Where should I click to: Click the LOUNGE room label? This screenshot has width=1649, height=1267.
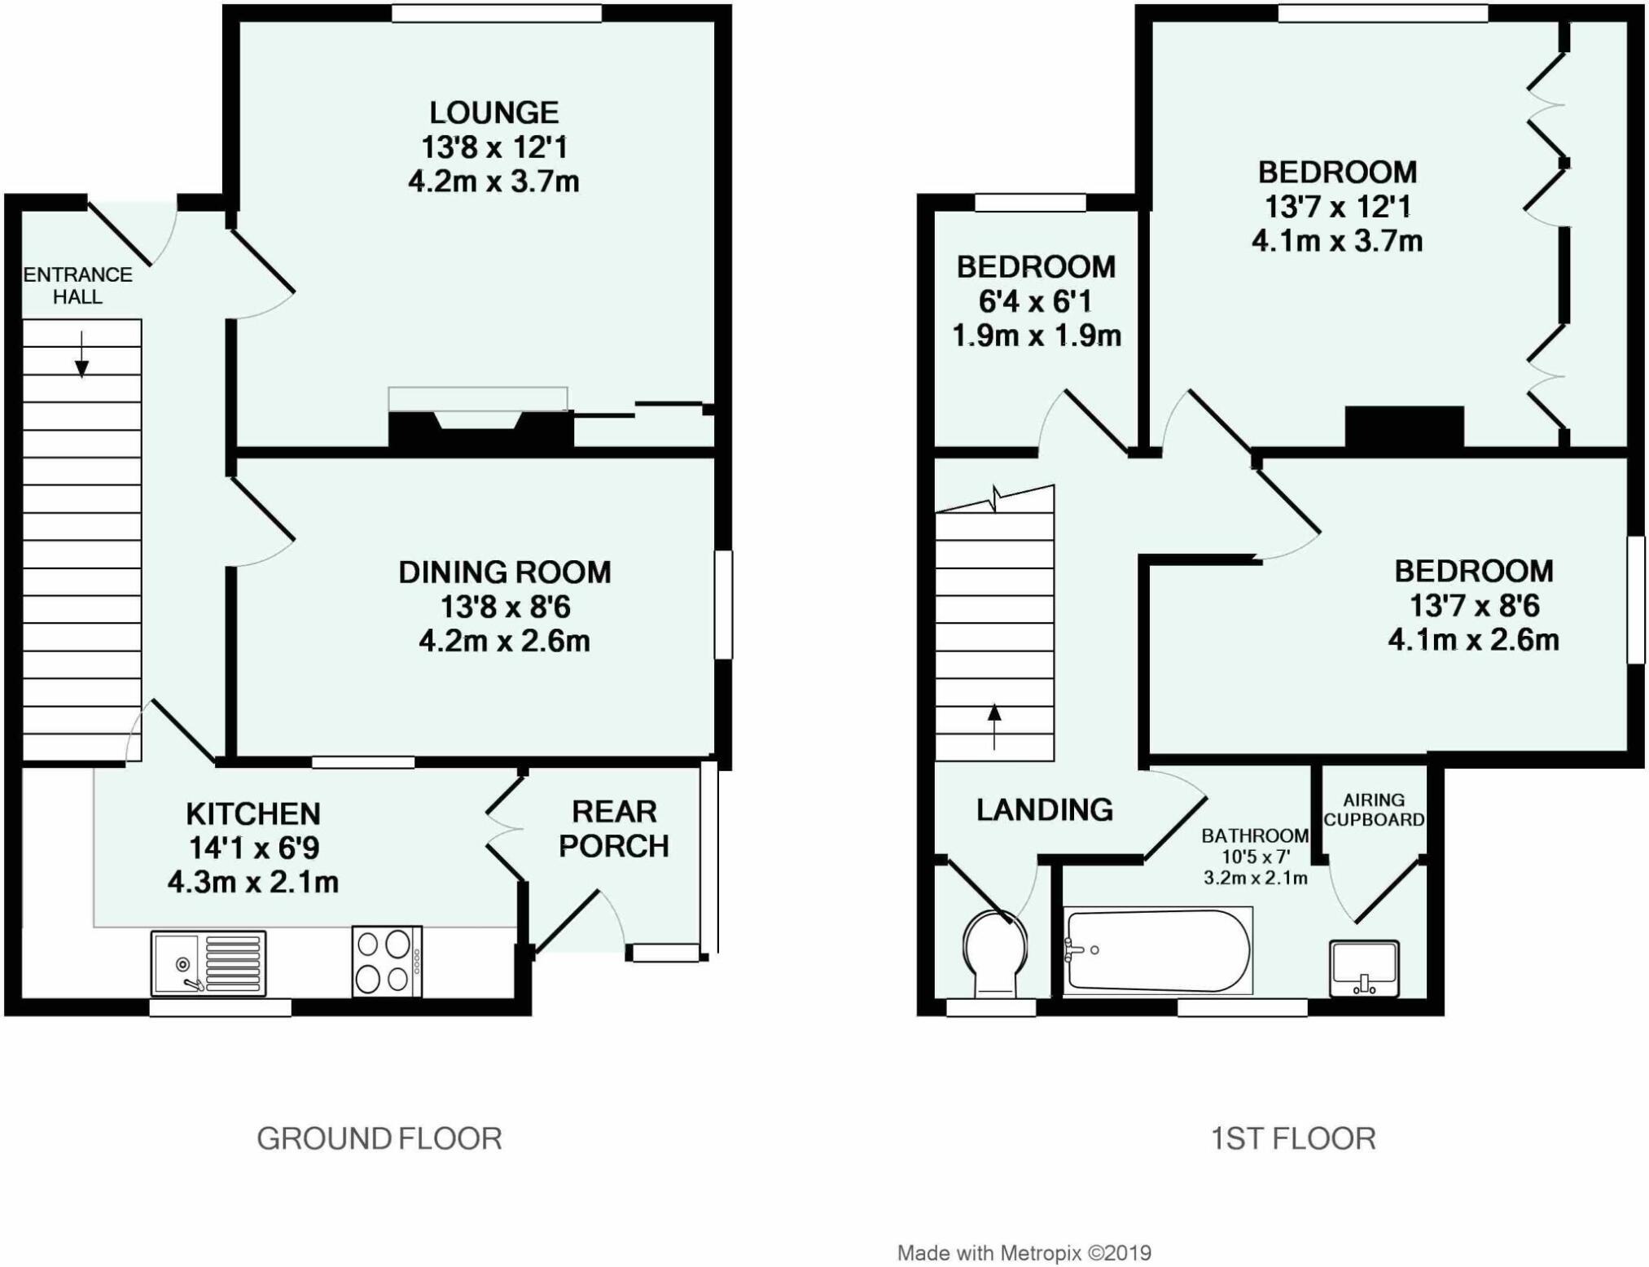[493, 112]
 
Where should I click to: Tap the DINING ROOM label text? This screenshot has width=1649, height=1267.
[504, 572]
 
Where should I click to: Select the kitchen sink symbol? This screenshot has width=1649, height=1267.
[208, 963]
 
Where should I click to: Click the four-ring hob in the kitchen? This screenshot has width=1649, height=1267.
[387, 961]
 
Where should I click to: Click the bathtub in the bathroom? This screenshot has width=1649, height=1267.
[1157, 950]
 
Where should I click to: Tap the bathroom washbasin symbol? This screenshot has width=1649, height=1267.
[1364, 967]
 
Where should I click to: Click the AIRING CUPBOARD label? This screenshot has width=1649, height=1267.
[1374, 810]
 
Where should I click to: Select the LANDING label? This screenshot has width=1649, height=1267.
[1044, 809]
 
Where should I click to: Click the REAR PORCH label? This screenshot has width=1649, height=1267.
[613, 829]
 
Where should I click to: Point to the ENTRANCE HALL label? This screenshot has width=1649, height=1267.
[77, 286]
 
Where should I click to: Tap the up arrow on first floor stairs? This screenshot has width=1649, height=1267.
[994, 726]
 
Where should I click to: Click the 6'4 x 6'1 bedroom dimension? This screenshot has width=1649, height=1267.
[1035, 302]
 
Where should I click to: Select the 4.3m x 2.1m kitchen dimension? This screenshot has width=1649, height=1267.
[253, 882]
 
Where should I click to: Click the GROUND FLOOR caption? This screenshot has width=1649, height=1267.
[379, 1138]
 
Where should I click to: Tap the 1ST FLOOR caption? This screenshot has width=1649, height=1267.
[1293, 1138]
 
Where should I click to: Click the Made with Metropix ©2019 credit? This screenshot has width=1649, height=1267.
[1024, 1253]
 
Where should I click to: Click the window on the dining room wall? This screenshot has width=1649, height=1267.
[723, 605]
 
